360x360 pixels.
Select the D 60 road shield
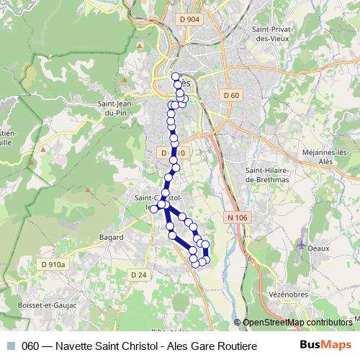point(230,95)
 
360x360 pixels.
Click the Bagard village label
point(112,236)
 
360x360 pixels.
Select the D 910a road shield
point(53,264)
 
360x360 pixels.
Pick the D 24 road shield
point(138,274)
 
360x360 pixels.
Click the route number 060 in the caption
point(30,345)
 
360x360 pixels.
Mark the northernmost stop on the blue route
point(175,76)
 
